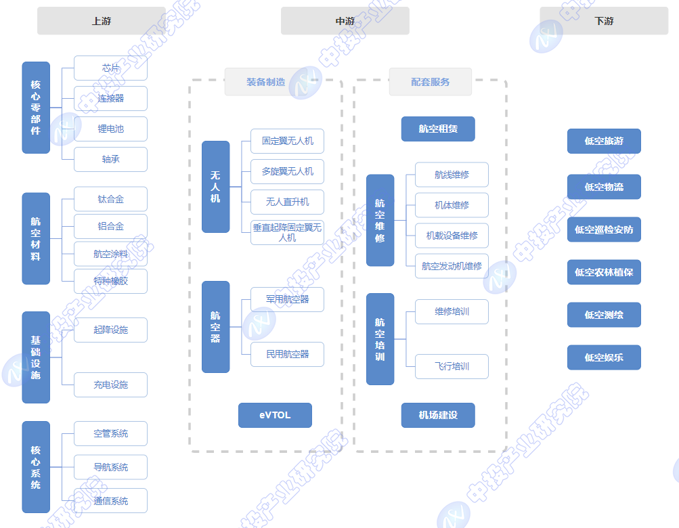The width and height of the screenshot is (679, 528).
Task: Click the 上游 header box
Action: (102, 21)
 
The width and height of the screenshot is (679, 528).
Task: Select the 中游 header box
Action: (345, 21)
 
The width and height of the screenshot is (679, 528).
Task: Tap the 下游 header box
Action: (604, 21)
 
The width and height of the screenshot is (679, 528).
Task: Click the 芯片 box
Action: (110, 68)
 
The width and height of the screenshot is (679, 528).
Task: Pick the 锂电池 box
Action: (110, 129)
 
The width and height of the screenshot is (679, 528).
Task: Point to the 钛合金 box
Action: (110, 199)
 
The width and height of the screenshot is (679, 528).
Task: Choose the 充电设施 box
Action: (110, 384)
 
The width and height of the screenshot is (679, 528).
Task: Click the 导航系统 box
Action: (110, 467)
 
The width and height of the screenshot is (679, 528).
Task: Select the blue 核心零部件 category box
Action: (36, 108)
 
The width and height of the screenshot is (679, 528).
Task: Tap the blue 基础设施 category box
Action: (36, 357)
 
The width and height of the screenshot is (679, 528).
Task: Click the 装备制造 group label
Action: (265, 82)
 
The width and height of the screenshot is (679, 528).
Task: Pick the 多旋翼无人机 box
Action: (287, 171)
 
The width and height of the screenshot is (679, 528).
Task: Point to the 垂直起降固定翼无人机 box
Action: (287, 232)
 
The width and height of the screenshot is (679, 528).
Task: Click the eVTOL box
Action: (275, 415)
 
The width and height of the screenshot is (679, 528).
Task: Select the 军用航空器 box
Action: (287, 299)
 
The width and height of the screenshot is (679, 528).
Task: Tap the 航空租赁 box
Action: (438, 129)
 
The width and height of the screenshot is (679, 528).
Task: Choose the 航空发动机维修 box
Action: (452, 266)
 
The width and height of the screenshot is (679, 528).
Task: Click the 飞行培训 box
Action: (452, 366)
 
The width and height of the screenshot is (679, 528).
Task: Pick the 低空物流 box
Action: (604, 187)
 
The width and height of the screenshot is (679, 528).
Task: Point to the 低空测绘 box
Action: (604, 315)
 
